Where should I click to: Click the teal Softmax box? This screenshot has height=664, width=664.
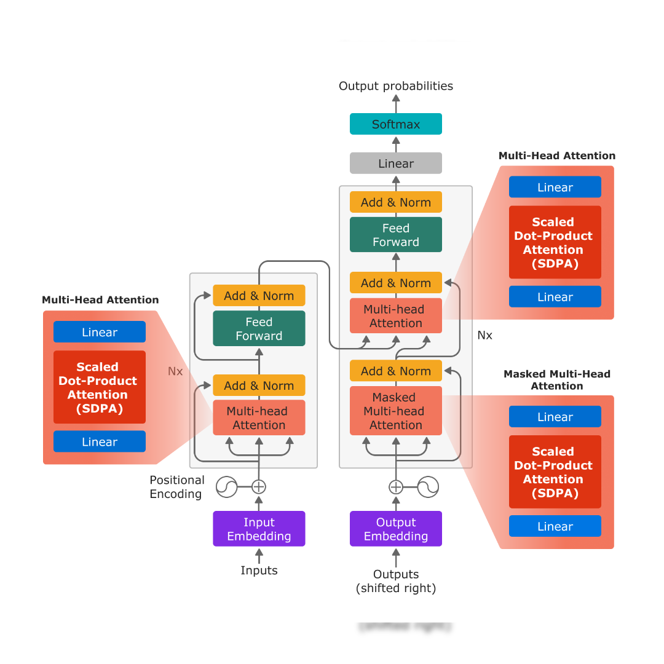(396, 124)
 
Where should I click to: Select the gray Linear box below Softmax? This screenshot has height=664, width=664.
(396, 164)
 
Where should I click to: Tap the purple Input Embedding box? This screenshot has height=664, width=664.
(259, 529)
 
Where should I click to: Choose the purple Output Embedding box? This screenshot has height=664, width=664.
(396, 529)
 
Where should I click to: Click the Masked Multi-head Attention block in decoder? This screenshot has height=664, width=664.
(396, 411)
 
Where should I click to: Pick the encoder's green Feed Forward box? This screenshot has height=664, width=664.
(259, 328)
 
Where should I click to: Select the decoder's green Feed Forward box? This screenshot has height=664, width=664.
(396, 235)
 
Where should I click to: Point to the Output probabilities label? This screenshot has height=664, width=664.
(396, 86)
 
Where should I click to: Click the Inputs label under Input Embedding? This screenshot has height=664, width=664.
(259, 571)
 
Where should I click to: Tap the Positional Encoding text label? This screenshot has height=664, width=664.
(177, 487)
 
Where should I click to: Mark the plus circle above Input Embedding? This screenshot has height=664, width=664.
(259, 487)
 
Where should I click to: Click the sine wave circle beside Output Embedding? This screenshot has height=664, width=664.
(428, 487)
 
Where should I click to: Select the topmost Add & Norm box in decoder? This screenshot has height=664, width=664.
(396, 202)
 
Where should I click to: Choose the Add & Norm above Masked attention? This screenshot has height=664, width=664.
(396, 371)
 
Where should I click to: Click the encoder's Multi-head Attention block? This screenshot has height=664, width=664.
(259, 418)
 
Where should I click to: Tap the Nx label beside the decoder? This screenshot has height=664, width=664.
(485, 335)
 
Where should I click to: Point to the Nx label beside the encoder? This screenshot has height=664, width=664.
(175, 371)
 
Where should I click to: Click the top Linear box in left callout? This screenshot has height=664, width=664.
(100, 332)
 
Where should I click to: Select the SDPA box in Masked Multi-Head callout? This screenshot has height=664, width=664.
(555, 472)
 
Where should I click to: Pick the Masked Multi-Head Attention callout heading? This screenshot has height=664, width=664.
(557, 380)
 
